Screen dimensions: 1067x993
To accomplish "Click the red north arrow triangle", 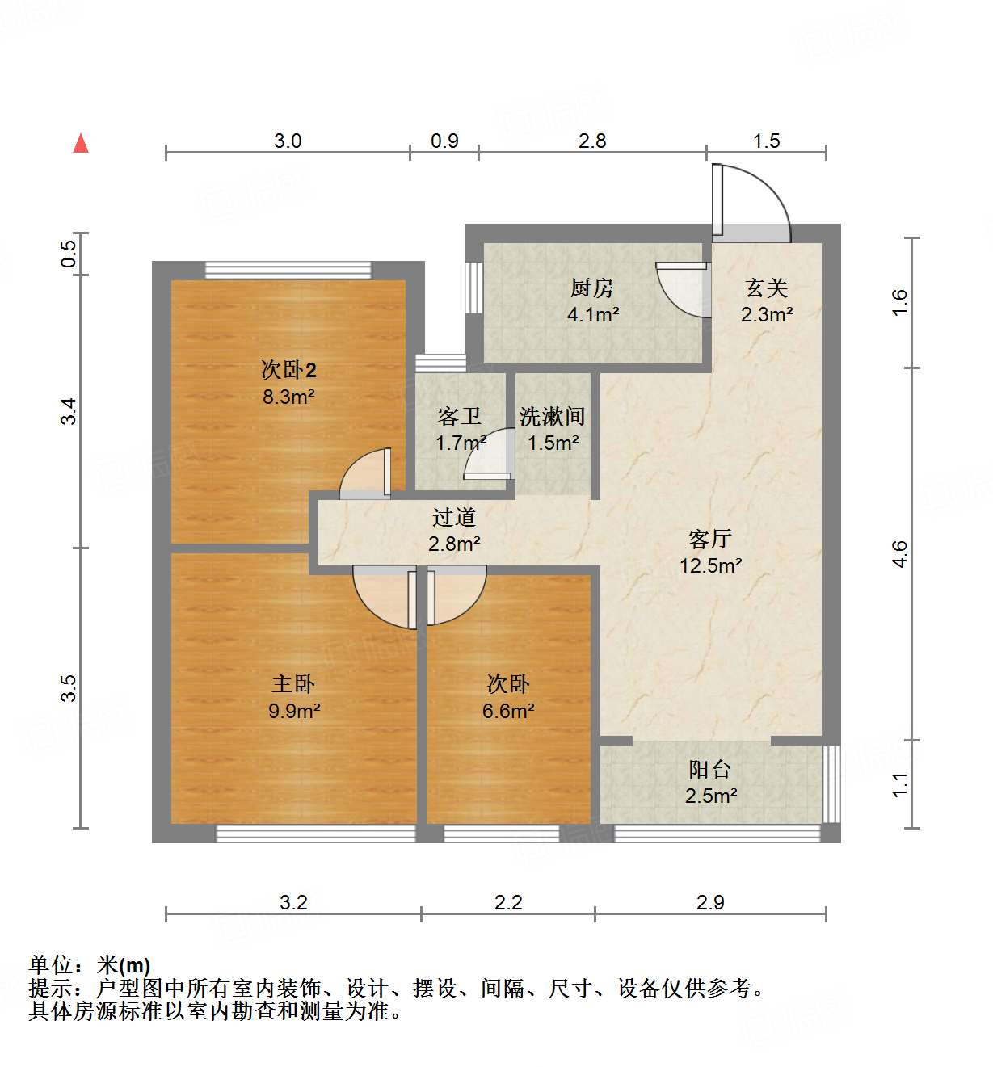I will pos(81,143).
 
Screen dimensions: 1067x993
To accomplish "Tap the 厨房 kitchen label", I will pos(592,288).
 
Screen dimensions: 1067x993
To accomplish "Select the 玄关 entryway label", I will pos(766,288).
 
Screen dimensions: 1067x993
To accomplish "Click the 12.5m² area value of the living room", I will pos(711,565).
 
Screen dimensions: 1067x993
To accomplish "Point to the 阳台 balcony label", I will pos(710,770).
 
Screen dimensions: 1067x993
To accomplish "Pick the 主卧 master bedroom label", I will pos(293,684).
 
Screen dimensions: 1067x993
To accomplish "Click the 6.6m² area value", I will pos(508,711).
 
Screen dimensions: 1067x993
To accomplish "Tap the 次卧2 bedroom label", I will pos(288,370).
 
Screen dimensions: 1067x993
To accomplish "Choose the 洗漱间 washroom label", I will pos(553,417).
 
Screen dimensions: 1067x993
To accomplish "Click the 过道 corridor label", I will pos(453,517).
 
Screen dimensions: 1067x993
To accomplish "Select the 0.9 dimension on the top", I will pos(444,141).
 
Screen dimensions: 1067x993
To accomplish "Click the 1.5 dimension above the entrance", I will pos(766,141).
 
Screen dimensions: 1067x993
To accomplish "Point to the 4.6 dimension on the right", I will pos(900,554).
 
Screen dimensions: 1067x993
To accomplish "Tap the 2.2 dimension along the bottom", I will pos(508,902).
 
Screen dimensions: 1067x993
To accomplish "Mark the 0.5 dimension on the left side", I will pos(69,254).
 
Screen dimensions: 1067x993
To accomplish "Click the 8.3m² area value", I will pos(288,397).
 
